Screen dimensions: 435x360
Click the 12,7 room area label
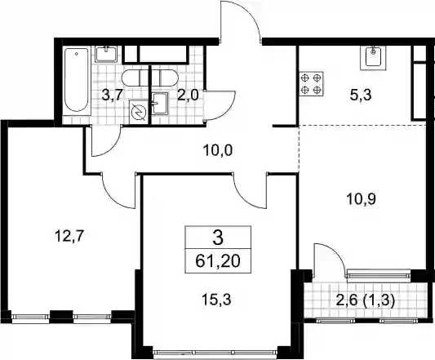coord(69,237)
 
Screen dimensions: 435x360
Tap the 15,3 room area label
coord(216,300)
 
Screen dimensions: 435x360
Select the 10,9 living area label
coord(362,198)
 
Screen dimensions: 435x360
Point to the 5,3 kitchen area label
coord(361,96)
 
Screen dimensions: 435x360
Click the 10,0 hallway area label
coord(217,151)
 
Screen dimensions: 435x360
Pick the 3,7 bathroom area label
coord(112,96)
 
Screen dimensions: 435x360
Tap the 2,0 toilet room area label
coord(189,96)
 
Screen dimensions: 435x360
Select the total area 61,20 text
coord(218,261)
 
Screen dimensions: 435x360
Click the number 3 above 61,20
coord(218,238)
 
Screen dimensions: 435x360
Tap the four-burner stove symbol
coord(311,84)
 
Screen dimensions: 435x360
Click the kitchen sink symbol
coord(373,57)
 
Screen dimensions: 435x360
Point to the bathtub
coord(77,82)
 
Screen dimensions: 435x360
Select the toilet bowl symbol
coord(150,78)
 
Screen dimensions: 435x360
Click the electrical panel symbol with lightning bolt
coord(139,112)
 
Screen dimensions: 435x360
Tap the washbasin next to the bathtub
coord(107,54)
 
